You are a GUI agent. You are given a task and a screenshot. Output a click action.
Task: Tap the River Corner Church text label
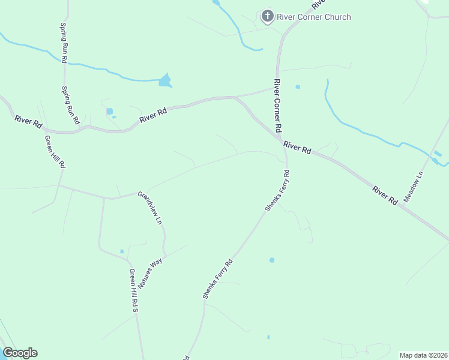tap(313, 17)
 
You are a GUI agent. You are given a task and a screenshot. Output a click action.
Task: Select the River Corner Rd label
tap(277, 106)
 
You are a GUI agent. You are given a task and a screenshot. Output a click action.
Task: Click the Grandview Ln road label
tap(150, 208)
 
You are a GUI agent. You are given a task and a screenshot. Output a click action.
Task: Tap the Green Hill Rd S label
tap(134, 290)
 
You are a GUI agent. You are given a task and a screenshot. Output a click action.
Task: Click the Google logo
tap(20, 353)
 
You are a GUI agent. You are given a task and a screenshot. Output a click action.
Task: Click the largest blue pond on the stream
tap(164, 80)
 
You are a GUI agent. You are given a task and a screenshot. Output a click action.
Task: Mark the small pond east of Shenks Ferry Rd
tap(272, 260)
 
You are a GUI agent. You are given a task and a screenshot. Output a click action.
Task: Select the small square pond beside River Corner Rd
tap(297, 87)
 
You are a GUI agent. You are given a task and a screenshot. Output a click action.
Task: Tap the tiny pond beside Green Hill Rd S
tap(122, 251)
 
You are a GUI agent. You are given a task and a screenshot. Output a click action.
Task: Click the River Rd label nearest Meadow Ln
tap(384, 196)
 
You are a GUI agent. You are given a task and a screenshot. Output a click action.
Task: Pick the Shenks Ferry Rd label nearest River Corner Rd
tap(277, 191)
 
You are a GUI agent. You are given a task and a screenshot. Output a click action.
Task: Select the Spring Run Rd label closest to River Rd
tap(70, 105)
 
